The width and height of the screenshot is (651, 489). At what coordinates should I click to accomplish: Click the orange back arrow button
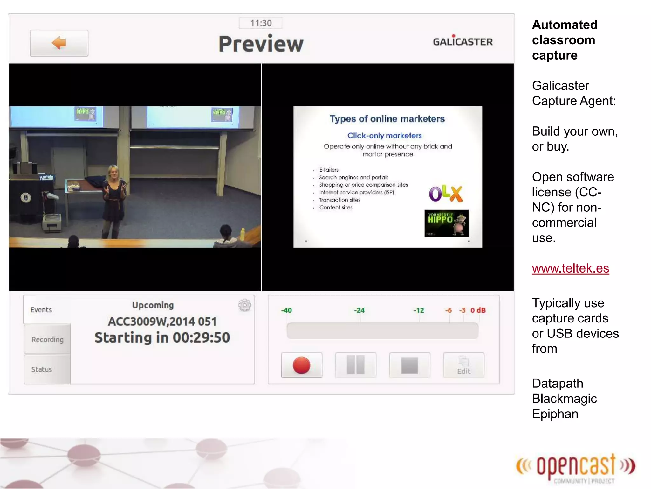pyautogui.click(x=59, y=43)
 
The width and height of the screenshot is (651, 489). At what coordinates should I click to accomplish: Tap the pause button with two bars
pyautogui.click(x=355, y=365)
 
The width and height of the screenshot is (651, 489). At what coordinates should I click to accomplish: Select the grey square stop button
pyautogui.click(x=409, y=365)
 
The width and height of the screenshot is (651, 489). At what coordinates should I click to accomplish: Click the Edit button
pyautogui.click(x=463, y=365)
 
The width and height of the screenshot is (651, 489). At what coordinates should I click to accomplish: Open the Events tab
pyautogui.click(x=41, y=310)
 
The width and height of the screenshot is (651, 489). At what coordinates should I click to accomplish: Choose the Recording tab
pyautogui.click(x=47, y=339)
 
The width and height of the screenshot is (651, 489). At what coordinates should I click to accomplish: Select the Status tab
pyautogui.click(x=42, y=369)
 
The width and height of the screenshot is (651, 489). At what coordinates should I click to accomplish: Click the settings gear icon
pyautogui.click(x=244, y=305)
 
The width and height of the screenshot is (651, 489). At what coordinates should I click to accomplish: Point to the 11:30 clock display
pyautogui.click(x=261, y=23)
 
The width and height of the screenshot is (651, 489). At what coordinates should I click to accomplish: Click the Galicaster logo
pyautogui.click(x=463, y=41)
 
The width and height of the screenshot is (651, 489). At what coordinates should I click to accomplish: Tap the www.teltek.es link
pyautogui.click(x=570, y=268)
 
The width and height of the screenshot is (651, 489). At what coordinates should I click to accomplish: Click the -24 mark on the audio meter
pyautogui.click(x=359, y=310)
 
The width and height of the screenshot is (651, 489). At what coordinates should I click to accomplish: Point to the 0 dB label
pyautogui.click(x=478, y=310)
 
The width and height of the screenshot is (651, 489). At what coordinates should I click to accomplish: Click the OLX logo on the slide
pyautogui.click(x=446, y=193)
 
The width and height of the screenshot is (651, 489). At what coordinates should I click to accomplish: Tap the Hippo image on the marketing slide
pyautogui.click(x=446, y=223)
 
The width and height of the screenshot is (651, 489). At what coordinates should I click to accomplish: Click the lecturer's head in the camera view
pyautogui.click(x=113, y=172)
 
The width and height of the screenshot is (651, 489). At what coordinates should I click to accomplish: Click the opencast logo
pyautogui.click(x=576, y=467)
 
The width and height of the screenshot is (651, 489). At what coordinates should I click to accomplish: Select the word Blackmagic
pyautogui.click(x=564, y=399)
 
